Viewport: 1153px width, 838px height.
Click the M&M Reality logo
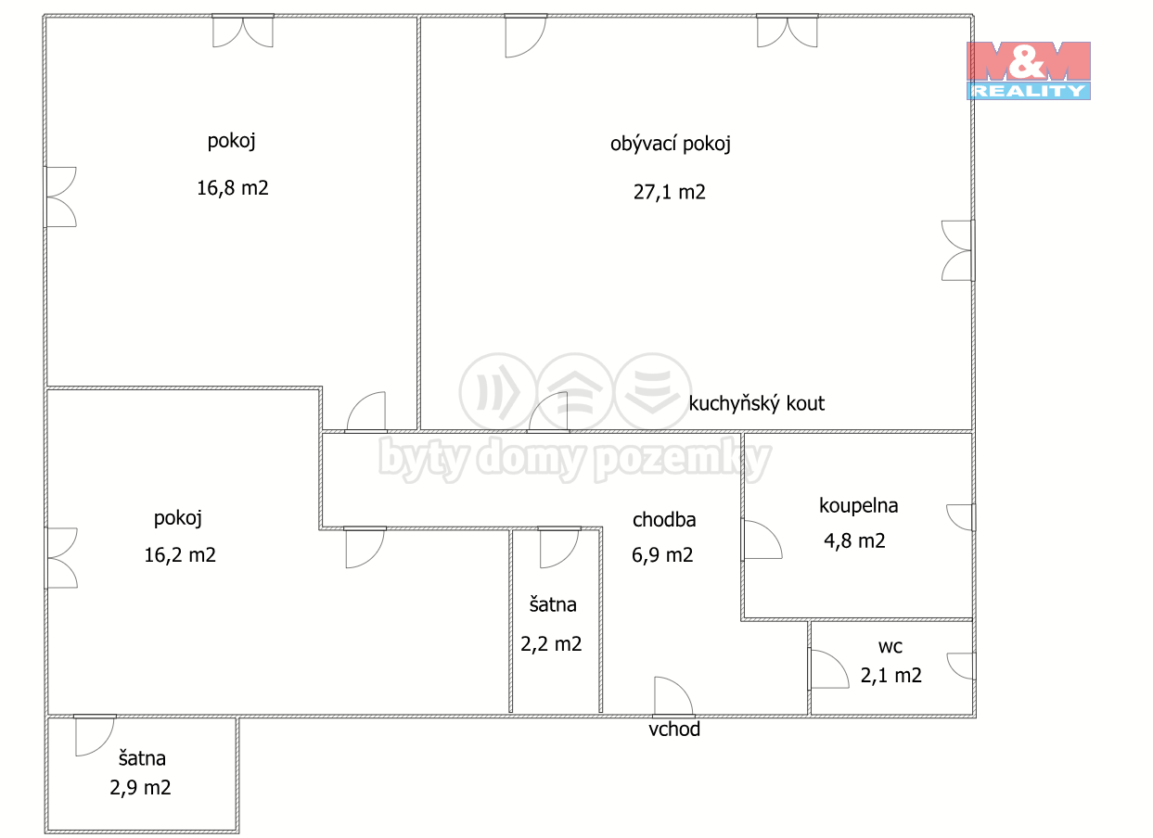tap(1028, 70)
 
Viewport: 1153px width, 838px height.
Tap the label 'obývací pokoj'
tap(670, 144)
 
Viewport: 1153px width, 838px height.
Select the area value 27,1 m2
tap(669, 192)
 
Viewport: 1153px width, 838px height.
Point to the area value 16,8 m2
tap(233, 188)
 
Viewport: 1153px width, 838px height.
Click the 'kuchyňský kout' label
tap(756, 403)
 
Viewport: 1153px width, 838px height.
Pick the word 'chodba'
tap(664, 519)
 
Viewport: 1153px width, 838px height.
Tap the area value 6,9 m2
tap(662, 555)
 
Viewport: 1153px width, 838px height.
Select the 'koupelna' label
tap(858, 506)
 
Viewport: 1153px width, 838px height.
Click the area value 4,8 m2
tap(854, 540)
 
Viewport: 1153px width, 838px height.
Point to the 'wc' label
tap(890, 647)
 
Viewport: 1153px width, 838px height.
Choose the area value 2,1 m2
tap(891, 676)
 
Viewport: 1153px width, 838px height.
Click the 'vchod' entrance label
tap(673, 730)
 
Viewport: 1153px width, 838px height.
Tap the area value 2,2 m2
tap(551, 644)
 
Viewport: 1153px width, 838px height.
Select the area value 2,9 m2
tap(140, 788)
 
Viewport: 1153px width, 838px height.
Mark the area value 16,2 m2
tap(180, 555)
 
